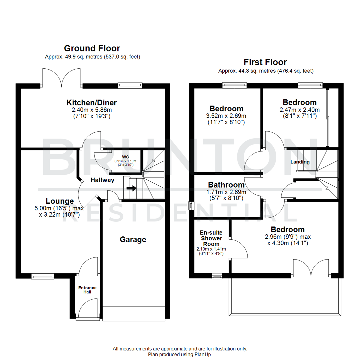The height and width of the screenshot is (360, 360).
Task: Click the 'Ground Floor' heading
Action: point(92,49)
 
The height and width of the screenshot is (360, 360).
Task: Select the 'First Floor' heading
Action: point(265,62)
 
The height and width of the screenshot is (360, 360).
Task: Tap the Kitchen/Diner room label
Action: point(92,102)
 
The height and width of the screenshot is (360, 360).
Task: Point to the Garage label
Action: point(133,239)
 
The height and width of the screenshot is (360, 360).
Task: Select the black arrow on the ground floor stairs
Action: point(132,188)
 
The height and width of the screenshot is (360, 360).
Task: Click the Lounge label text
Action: point(60,201)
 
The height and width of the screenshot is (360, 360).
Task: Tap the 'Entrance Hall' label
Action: point(87,290)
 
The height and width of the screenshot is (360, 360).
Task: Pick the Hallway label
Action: point(103,180)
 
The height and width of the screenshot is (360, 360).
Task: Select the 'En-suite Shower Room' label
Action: point(211,238)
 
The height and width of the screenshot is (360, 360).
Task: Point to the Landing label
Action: point(300,162)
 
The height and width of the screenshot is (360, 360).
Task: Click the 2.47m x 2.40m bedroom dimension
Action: point(299,110)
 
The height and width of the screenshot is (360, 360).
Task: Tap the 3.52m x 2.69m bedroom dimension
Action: point(226,116)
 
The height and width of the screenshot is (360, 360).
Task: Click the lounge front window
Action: point(43,276)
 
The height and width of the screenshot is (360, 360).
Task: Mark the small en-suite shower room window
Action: point(217,276)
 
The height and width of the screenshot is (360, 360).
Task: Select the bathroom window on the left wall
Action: point(191,206)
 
